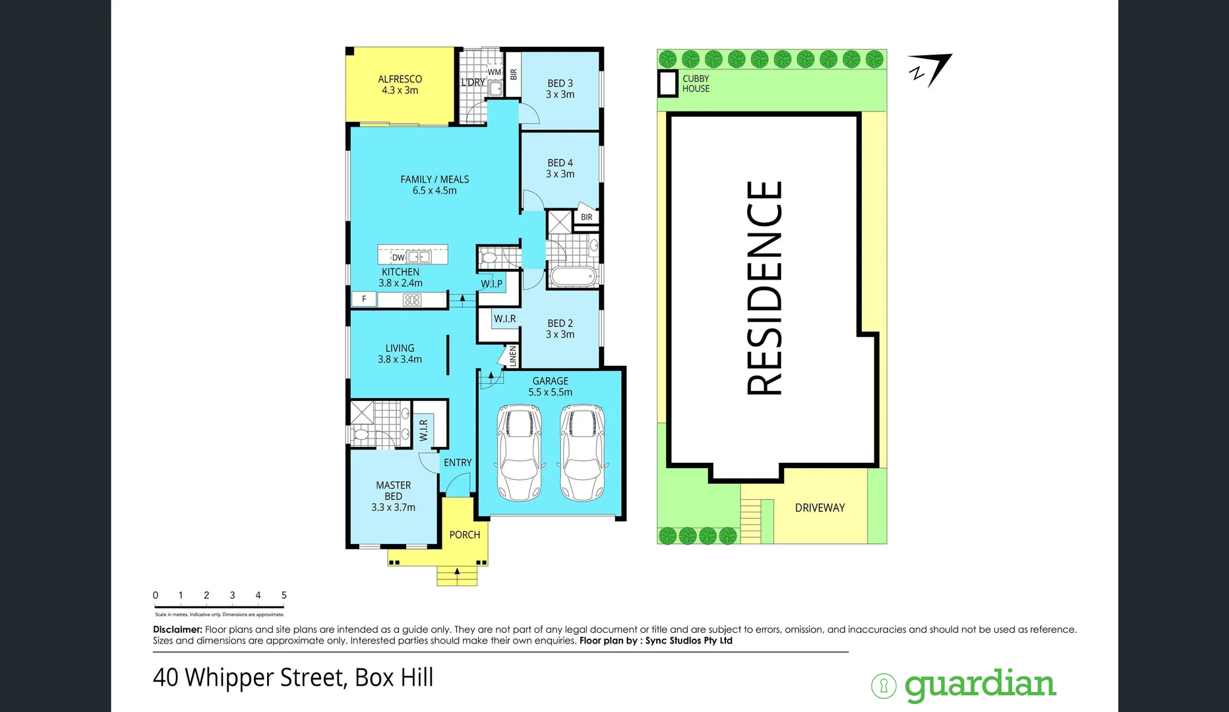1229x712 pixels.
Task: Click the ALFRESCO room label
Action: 400,80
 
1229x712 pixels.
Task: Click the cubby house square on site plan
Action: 668,84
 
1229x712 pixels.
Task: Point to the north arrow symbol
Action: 930,69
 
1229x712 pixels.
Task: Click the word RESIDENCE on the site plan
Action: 765,288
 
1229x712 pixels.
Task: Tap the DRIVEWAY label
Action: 820,508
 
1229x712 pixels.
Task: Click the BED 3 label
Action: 560,84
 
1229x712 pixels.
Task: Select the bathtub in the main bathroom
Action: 572,276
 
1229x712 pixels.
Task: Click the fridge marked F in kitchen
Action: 364,299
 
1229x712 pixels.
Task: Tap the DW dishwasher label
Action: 398,258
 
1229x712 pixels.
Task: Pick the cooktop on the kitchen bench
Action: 412,300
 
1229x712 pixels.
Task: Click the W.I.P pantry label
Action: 491,284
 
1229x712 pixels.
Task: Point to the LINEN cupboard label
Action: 512,356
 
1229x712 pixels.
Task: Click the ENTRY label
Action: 458,463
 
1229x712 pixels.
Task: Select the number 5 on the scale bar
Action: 284,595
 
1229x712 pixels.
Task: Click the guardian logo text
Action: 980,686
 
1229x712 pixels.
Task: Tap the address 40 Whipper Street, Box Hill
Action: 293,678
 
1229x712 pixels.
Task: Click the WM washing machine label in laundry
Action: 495,73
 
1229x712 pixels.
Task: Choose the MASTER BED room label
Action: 393,490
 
